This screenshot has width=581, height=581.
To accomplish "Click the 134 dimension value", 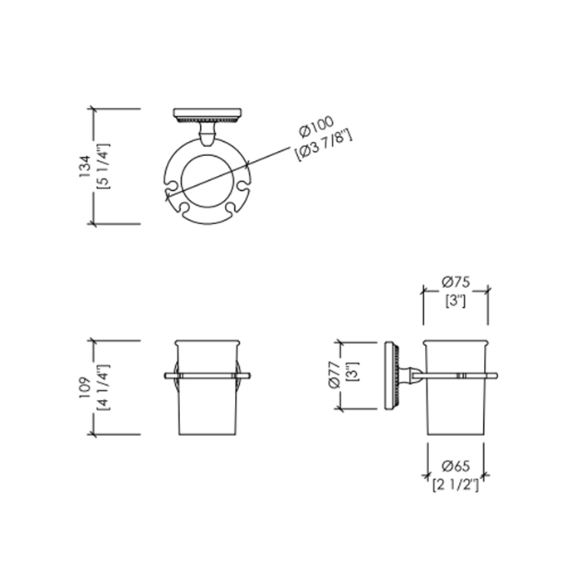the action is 85,166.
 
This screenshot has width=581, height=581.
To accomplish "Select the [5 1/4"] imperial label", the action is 103,166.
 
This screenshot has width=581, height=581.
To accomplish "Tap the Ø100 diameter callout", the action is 317,127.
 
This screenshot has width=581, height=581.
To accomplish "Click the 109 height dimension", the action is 85,388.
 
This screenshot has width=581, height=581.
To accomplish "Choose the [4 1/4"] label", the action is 103,388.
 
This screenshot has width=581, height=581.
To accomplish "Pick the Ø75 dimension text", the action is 456,282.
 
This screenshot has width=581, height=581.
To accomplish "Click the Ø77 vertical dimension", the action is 334,374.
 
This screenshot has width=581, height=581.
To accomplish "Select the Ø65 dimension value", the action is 456,466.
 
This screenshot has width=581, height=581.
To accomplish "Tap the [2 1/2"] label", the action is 456,484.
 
